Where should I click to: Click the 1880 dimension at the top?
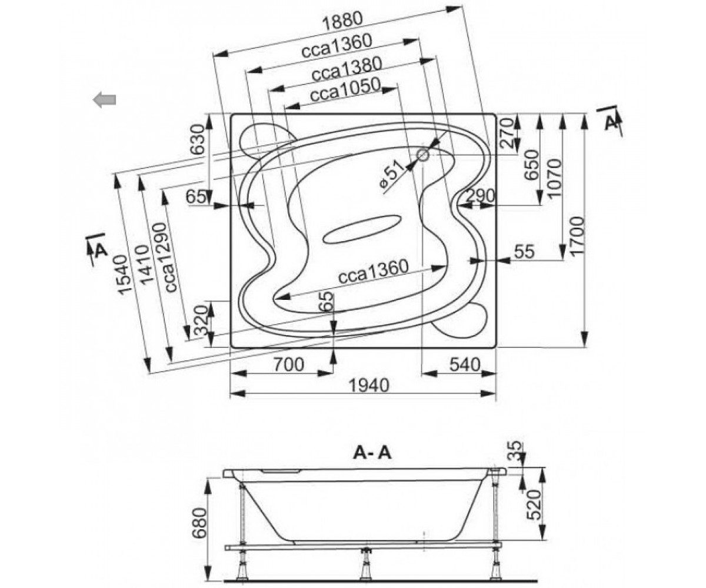pyautogui.click(x=342, y=21)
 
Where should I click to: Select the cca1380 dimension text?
pyautogui.click(x=347, y=69)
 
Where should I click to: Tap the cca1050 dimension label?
pyautogui.click(x=345, y=89)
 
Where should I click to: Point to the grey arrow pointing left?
pyautogui.click(x=105, y=100)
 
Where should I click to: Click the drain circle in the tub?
pyautogui.click(x=422, y=155)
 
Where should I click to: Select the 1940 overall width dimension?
pyautogui.click(x=368, y=385)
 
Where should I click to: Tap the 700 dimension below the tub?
pyautogui.click(x=288, y=365)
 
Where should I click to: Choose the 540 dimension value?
pyautogui.click(x=465, y=365)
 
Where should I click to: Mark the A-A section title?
pyautogui.click(x=372, y=453)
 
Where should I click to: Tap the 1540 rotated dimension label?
pyautogui.click(x=121, y=275)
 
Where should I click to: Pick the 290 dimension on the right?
pyautogui.click(x=480, y=196)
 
